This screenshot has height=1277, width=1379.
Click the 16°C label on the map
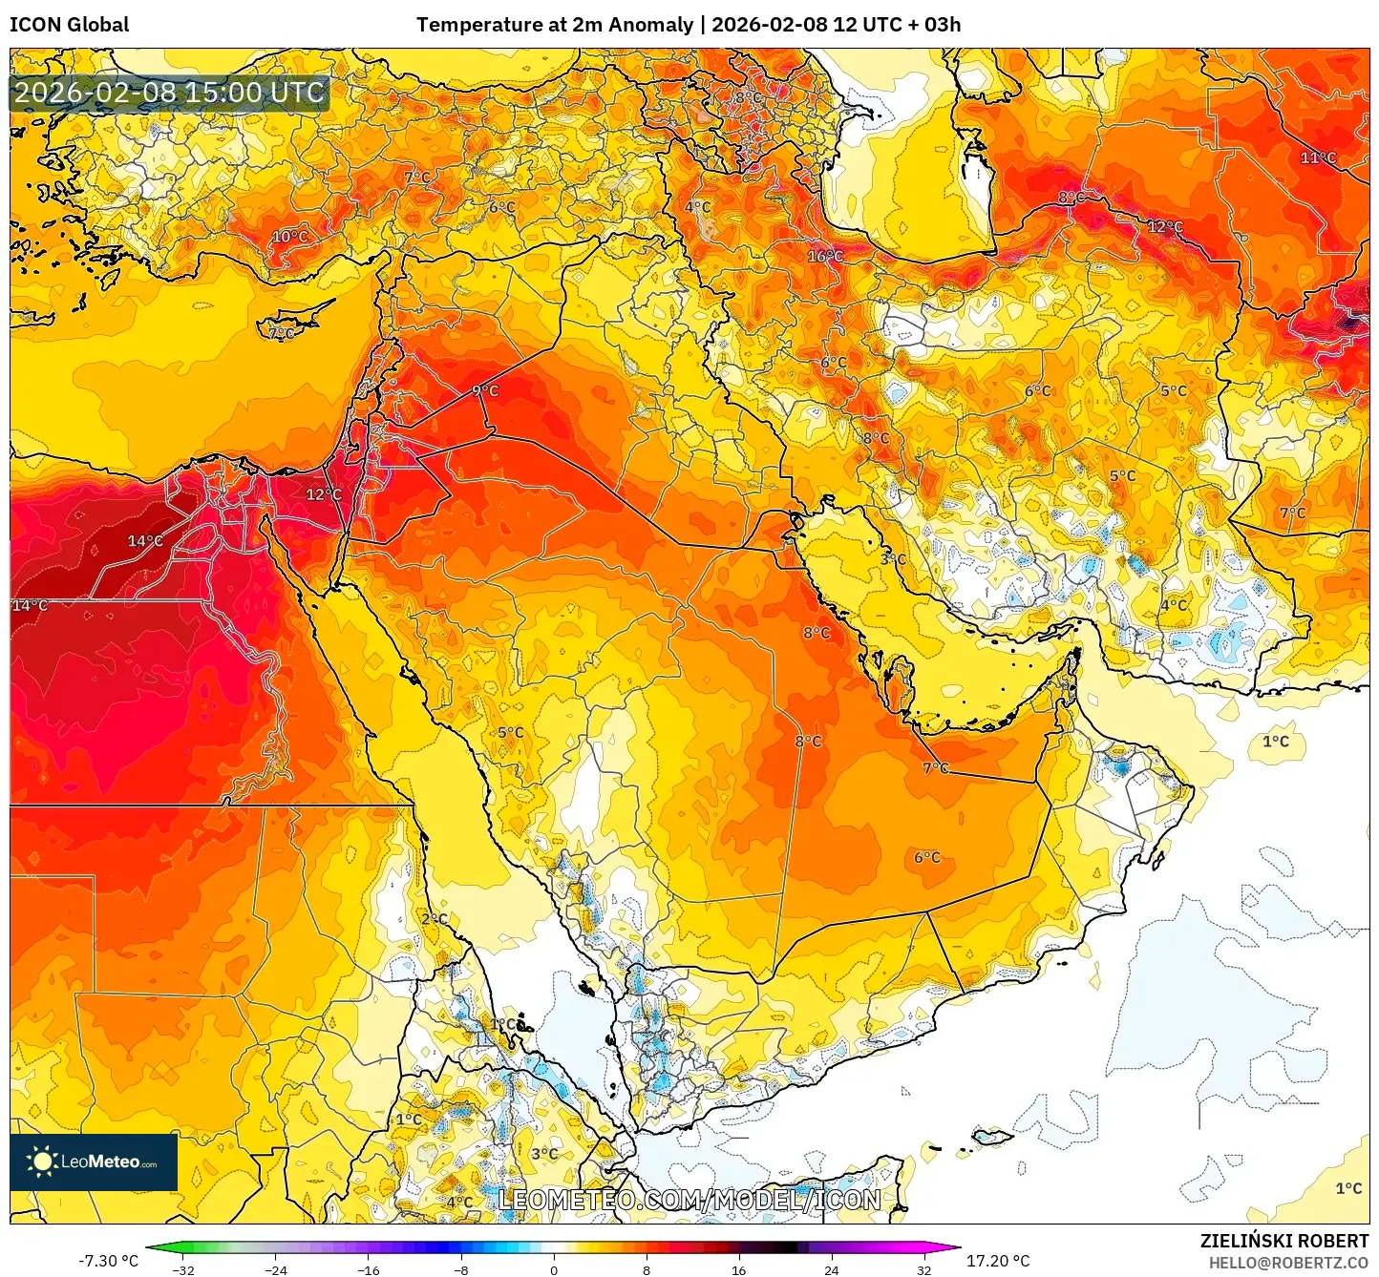tap(825, 256)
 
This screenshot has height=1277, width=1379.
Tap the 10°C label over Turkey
tap(290, 237)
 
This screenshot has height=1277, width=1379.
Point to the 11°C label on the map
tap(1318, 157)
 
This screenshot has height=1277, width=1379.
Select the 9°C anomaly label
tap(485, 390)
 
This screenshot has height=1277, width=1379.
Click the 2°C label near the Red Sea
tap(435, 918)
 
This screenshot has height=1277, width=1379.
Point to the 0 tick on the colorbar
tap(554, 1269)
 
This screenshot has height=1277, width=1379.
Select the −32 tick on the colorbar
tap(182, 1269)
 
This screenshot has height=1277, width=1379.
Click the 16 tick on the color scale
tap(738, 1269)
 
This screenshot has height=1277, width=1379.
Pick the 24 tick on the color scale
tap(831, 1269)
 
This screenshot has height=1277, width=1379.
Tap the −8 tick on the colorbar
tap(461, 1269)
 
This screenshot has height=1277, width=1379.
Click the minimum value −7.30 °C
tap(108, 1261)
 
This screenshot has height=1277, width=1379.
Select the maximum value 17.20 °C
tap(998, 1261)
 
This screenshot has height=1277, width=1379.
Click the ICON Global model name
tap(70, 25)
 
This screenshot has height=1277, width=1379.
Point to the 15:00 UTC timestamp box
tap(170, 93)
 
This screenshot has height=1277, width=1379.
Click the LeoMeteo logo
tap(94, 1162)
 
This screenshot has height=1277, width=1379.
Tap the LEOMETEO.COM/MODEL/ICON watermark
tap(689, 1199)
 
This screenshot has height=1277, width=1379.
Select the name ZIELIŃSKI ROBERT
tap(1284, 1241)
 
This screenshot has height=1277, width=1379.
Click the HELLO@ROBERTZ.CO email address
tap(1288, 1263)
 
